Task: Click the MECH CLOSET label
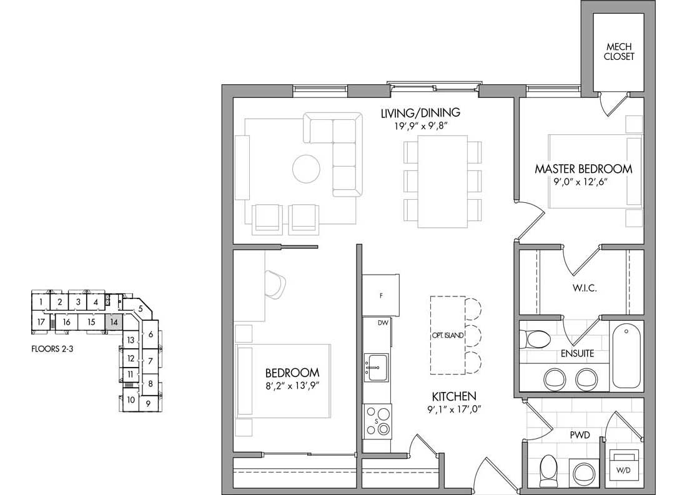619,51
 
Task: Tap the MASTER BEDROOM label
583,169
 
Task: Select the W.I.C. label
585,288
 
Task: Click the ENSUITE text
578,353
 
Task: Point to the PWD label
580,435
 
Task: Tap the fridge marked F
381,296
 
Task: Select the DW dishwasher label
383,323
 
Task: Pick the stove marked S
377,421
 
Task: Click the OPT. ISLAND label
447,336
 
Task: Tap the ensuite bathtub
626,356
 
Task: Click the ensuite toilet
535,338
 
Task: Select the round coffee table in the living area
306,169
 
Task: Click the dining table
443,182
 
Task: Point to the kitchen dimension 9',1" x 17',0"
454,409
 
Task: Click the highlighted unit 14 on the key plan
114,322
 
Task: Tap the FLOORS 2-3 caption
52,349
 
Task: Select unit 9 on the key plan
148,403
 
